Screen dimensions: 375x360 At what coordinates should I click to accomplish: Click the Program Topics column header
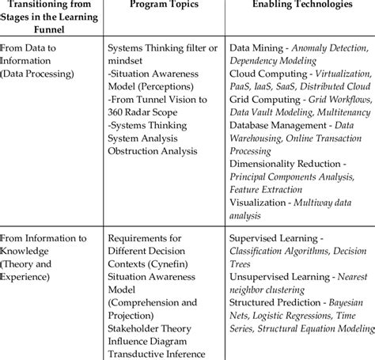[x=163, y=7]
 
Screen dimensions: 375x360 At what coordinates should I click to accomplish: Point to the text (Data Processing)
[x=40, y=74]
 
